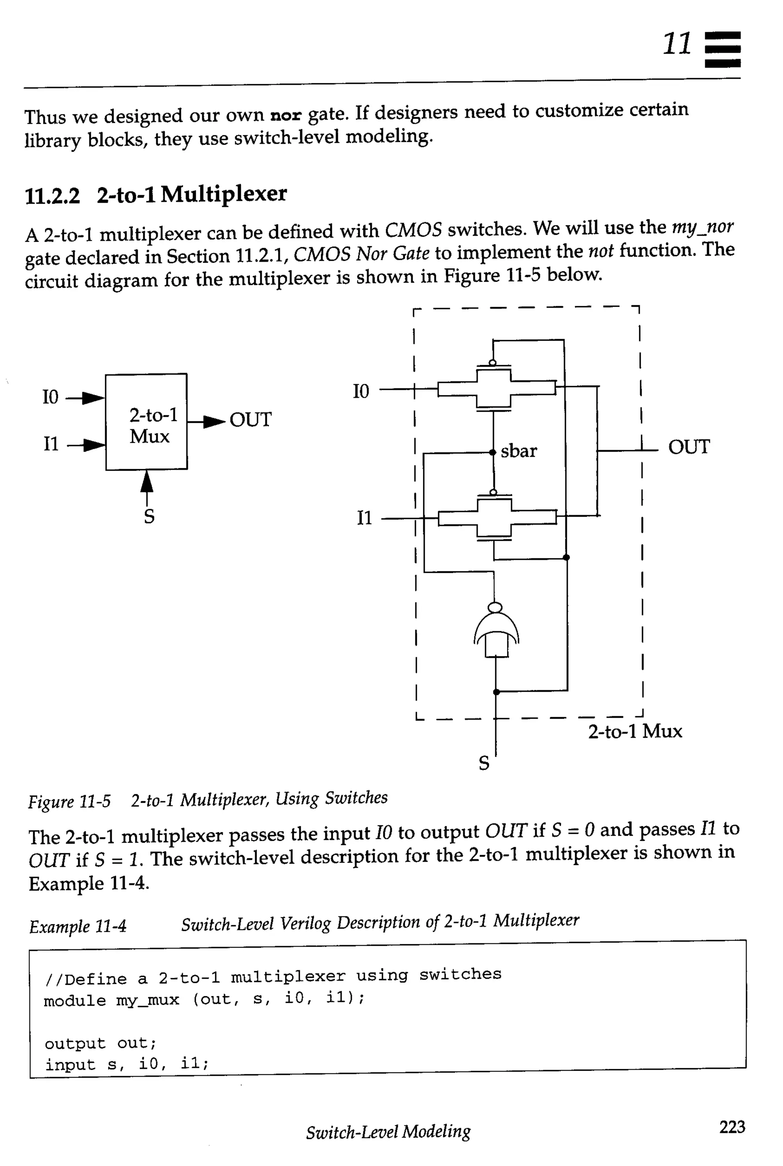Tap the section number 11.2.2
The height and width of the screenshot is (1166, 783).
click(x=52, y=196)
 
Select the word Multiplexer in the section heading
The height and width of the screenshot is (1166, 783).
click(x=224, y=194)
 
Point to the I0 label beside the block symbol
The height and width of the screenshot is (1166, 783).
click(x=50, y=398)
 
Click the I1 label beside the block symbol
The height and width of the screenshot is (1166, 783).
click(x=51, y=443)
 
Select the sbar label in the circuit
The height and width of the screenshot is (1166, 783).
click(x=519, y=451)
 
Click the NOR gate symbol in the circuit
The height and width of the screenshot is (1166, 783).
click(x=496, y=632)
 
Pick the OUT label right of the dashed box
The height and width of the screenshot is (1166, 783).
click(x=689, y=447)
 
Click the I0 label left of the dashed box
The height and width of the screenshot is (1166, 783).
click(x=361, y=391)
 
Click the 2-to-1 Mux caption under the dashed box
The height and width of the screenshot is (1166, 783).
click(x=635, y=732)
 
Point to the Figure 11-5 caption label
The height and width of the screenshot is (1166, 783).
click(x=70, y=801)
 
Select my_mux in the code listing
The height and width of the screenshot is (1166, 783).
click(x=147, y=1000)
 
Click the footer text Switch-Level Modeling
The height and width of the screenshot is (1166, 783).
click(x=388, y=1132)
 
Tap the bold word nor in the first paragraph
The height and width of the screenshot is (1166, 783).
click(x=286, y=116)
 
